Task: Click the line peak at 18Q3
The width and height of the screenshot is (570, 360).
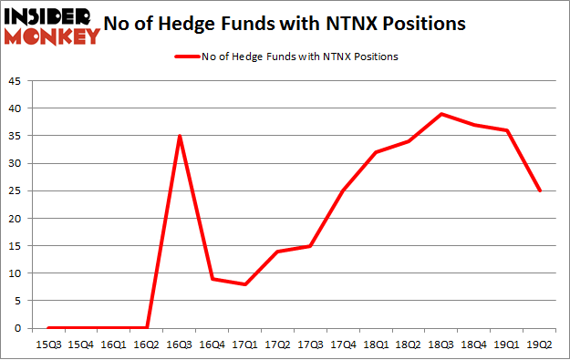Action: (x=441, y=114)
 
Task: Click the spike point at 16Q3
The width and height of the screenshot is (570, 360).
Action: (x=180, y=136)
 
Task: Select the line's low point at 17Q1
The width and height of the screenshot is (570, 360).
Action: (x=245, y=284)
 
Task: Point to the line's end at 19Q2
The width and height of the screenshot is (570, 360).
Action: (x=540, y=190)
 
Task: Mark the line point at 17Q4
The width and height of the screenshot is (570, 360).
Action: (x=343, y=190)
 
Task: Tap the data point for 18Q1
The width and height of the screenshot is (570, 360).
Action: (x=376, y=152)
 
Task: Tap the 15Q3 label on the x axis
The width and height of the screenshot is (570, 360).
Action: (x=48, y=345)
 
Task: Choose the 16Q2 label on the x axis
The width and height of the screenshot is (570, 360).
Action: (x=147, y=345)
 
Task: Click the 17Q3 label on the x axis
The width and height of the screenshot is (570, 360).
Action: (x=310, y=345)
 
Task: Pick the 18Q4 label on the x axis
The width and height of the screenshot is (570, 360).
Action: (x=474, y=345)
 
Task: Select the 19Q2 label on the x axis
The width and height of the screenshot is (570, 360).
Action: (x=540, y=345)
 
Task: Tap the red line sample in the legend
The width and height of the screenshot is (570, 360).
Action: (x=190, y=57)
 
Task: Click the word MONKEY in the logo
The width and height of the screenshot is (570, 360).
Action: (x=53, y=36)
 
